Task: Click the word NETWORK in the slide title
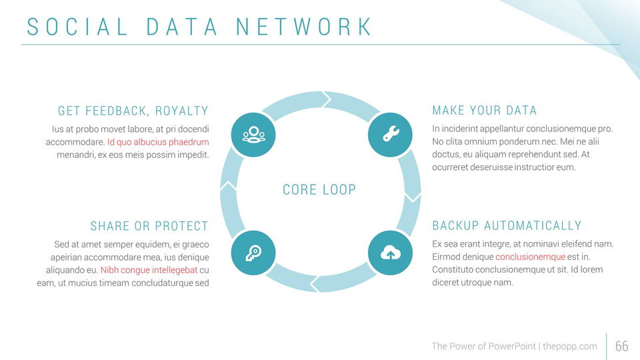pos(305,27)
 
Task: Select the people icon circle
pos(253,135)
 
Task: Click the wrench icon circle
pos(391,135)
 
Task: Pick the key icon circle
pos(253,253)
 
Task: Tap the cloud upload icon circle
pos(391,253)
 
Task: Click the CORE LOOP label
pos(319,190)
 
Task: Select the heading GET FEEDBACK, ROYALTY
pos(133,111)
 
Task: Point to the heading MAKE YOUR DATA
pos(485,111)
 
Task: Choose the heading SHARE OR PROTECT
pos(149,226)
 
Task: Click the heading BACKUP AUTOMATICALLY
pos(507,226)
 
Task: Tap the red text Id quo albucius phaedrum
pos(158,142)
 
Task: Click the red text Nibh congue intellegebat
pos(149,270)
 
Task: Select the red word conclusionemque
pos(530,257)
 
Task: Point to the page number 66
pos(621,346)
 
